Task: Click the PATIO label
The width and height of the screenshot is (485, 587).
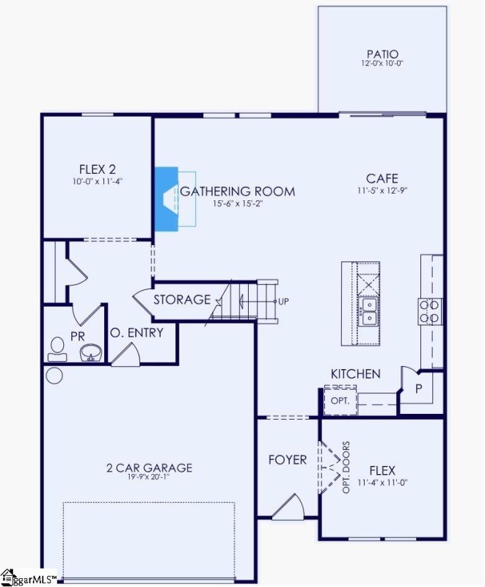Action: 382,54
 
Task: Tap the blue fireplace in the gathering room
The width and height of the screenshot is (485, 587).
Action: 166,197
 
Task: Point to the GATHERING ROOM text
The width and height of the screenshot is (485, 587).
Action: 238,192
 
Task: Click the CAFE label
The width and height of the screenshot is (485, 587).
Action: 382,178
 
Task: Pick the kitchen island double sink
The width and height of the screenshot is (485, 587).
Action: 368,311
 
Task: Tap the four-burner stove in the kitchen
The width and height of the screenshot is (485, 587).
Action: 430,311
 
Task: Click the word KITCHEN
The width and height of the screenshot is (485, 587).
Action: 355,374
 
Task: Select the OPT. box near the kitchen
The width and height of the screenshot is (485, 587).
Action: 340,401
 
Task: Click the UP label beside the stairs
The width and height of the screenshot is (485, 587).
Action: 283,301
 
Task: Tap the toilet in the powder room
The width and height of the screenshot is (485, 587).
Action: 56,348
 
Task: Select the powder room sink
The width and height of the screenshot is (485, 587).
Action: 90,353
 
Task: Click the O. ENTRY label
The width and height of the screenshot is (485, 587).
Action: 136,333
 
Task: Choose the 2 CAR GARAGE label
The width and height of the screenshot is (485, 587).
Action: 149,467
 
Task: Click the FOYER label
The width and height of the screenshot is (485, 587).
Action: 287,460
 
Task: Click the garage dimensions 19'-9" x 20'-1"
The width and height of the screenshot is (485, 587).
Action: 149,478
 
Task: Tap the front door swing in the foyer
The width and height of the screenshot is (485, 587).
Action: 288,506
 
